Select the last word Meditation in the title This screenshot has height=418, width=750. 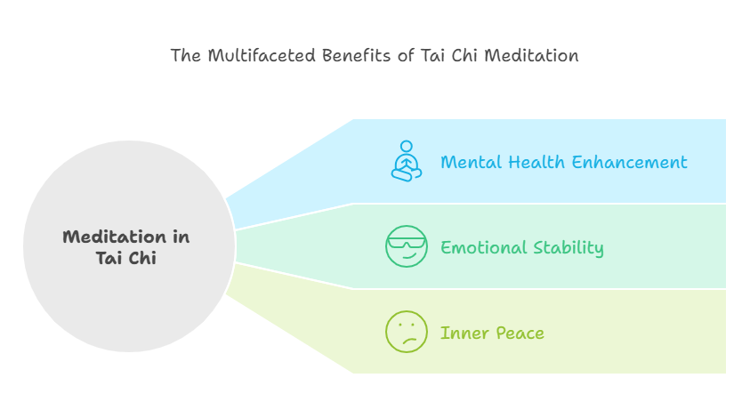(531, 55)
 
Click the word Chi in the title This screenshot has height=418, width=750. (464, 55)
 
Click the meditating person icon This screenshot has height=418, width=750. (406, 161)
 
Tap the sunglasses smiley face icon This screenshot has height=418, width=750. (406, 246)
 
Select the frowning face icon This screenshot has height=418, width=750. (406, 332)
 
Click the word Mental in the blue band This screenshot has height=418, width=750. (472, 162)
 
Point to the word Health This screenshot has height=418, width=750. (536, 162)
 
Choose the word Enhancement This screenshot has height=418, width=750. (630, 162)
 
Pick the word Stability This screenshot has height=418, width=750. (569, 248)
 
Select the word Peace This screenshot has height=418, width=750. (520, 333)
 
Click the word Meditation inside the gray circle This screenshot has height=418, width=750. (115, 237)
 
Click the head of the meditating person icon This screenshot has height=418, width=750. (407, 146)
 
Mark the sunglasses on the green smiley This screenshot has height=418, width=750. (406, 243)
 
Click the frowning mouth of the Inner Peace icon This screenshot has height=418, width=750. (409, 341)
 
